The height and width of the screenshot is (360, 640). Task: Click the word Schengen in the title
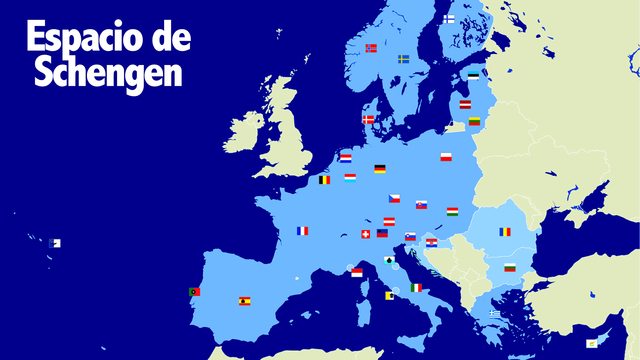[109, 73]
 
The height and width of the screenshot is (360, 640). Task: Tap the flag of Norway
[371, 48]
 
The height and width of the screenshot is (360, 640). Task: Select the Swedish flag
[404, 59]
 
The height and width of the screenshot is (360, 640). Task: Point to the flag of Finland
[450, 19]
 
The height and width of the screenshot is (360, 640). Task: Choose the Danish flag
[368, 119]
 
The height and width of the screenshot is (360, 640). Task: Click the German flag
[380, 169]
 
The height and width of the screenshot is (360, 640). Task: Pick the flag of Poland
[446, 157]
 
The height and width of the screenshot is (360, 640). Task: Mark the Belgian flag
[324, 181]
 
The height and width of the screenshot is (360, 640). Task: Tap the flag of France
[302, 231]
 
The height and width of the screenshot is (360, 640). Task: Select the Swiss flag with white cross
[366, 234]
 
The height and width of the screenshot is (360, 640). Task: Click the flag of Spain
[244, 300]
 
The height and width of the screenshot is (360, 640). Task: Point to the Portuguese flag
[194, 292]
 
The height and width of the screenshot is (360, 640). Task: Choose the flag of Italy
[416, 288]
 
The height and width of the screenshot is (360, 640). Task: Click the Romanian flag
[506, 231]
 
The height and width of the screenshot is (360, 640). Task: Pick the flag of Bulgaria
[510, 268]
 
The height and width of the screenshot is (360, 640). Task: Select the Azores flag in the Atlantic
[55, 243]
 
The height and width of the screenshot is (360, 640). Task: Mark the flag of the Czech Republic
[395, 198]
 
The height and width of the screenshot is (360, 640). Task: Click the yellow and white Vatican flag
[389, 295]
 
